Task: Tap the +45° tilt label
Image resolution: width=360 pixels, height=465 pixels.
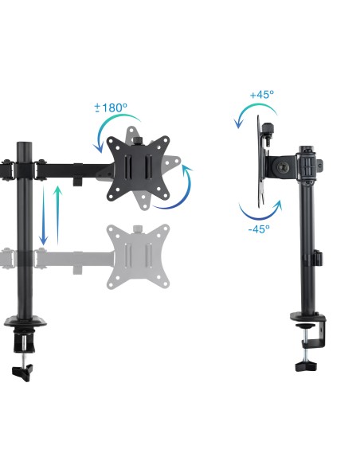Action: point(261,94)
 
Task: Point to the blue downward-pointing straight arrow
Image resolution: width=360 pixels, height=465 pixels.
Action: point(44,214)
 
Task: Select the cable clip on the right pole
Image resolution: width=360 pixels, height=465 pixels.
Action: point(316,259)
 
